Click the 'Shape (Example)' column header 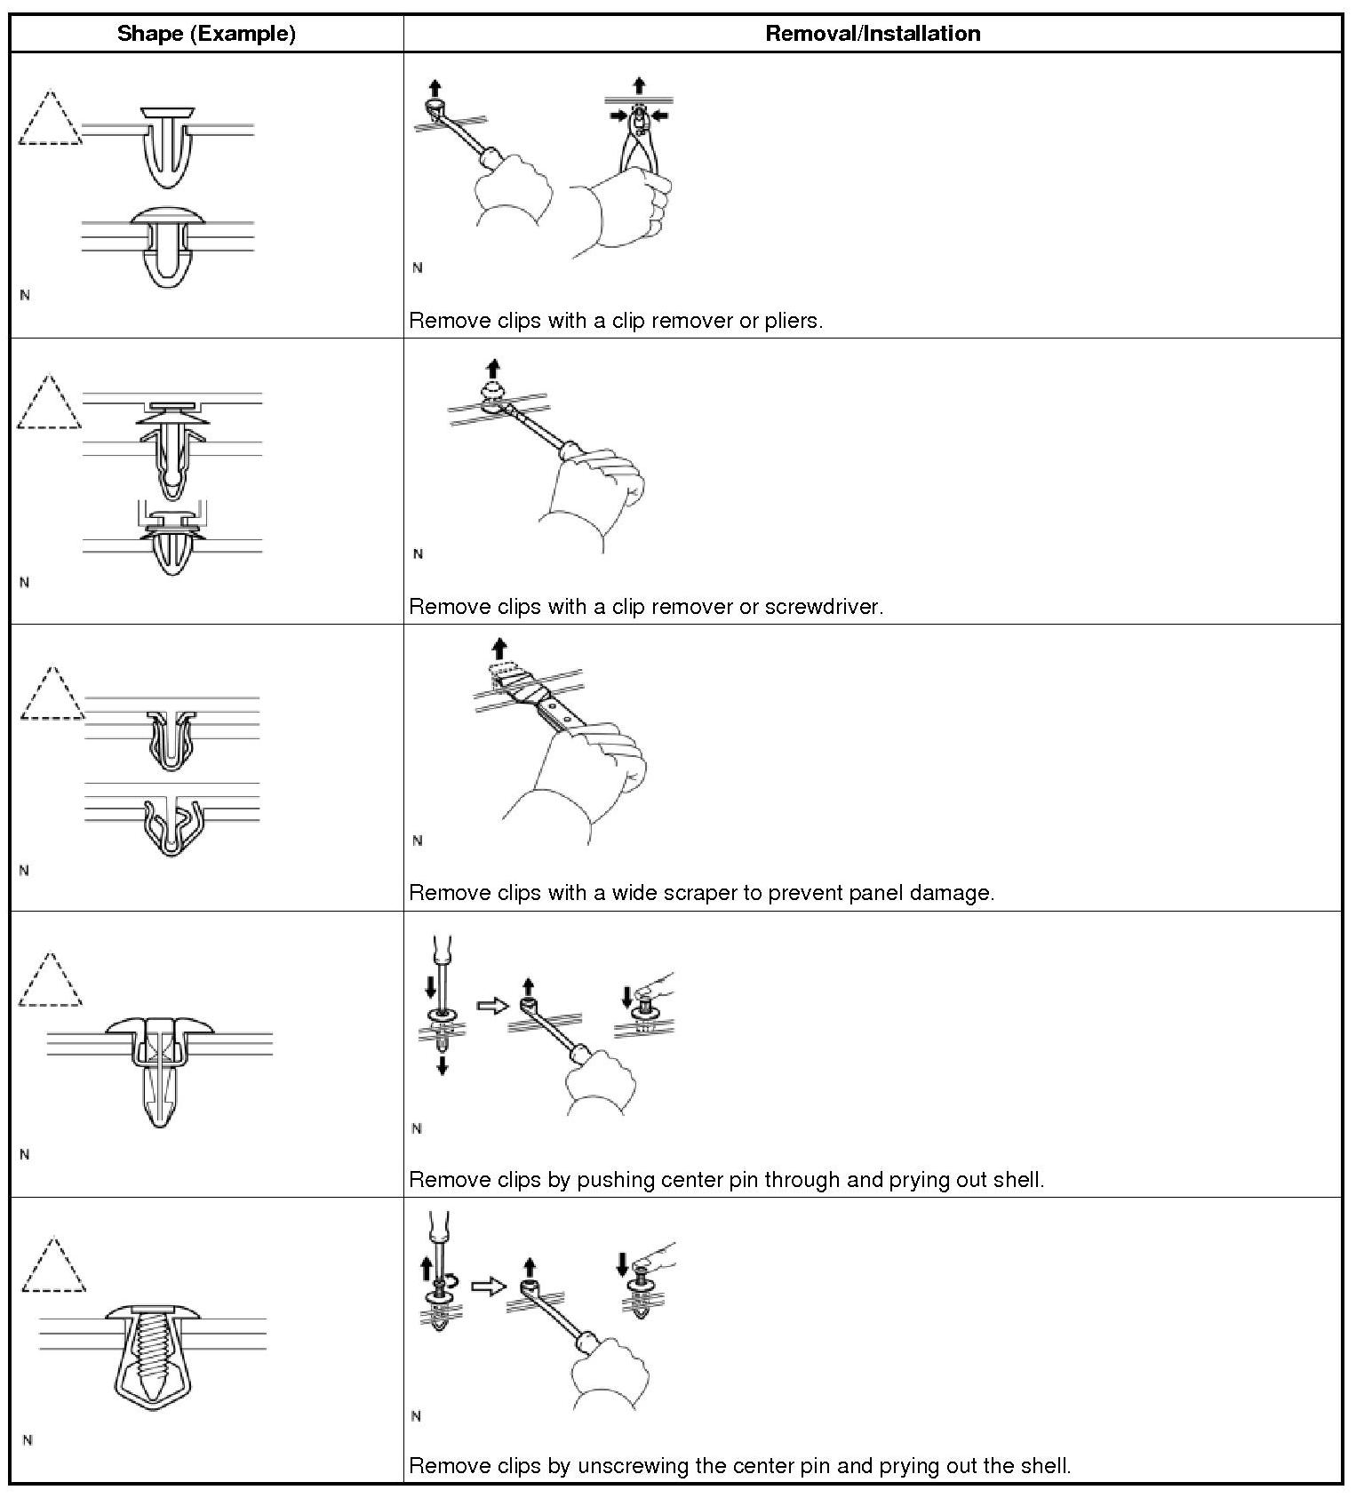click(206, 34)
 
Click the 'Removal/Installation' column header click(873, 34)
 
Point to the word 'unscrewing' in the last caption click(634, 1465)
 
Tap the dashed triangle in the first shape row click(50, 120)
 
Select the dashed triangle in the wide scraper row click(52, 696)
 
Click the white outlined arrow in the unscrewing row click(486, 1286)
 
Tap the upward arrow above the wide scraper click(499, 647)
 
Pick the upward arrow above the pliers click(639, 84)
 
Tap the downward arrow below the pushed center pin click(443, 1064)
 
